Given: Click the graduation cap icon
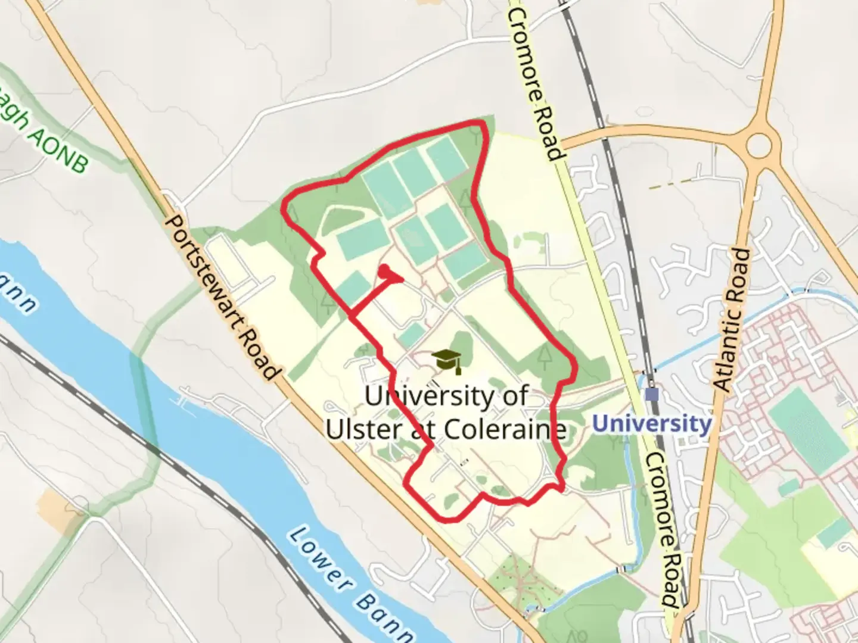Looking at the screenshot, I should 447,361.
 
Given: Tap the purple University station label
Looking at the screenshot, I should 652,424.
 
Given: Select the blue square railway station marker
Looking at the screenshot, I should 652,394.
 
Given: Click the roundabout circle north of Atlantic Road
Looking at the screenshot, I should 758,144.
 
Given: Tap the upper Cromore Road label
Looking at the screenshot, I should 534,83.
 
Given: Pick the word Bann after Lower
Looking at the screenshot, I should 386,619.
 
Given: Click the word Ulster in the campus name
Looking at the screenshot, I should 364,429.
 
